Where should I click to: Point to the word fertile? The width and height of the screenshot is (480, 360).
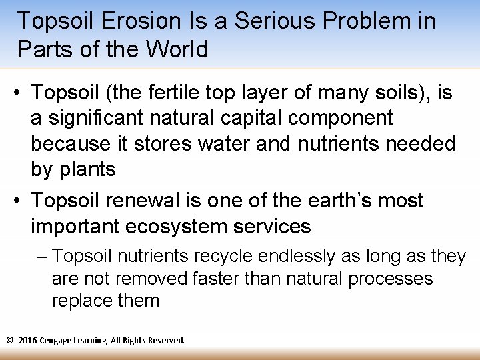click(x=200, y=93)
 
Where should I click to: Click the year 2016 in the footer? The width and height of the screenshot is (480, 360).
click(x=27, y=340)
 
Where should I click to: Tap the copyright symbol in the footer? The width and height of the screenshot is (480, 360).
click(x=9, y=340)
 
